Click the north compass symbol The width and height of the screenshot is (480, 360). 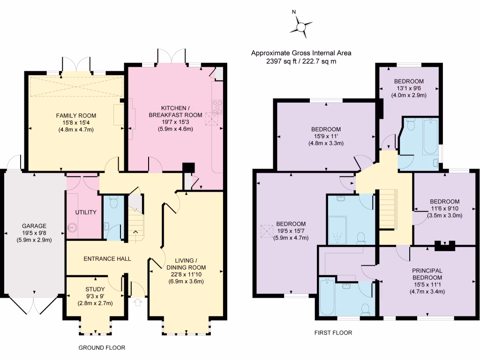click(x=300, y=25)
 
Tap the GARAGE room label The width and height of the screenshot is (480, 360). click(x=28, y=225)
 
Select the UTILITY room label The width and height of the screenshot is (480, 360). click(x=86, y=212)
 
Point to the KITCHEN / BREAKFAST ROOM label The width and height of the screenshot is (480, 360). click(x=175, y=112)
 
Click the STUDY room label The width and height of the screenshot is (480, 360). click(x=95, y=289)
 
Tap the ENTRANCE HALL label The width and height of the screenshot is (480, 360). click(x=107, y=259)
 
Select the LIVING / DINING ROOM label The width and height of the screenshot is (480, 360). click(x=190, y=264)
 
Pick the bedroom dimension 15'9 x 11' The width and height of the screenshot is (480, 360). click(x=326, y=136)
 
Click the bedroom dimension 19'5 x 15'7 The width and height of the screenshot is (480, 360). click(x=291, y=231)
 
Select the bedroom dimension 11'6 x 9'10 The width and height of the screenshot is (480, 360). click(x=445, y=209)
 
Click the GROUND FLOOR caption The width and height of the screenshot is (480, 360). click(x=102, y=348)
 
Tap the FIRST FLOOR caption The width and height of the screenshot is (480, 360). click(x=333, y=333)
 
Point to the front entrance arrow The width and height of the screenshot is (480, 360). click(x=138, y=303)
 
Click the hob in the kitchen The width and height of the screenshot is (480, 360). click(x=217, y=108)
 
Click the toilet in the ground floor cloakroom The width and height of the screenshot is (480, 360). click(x=112, y=203)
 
